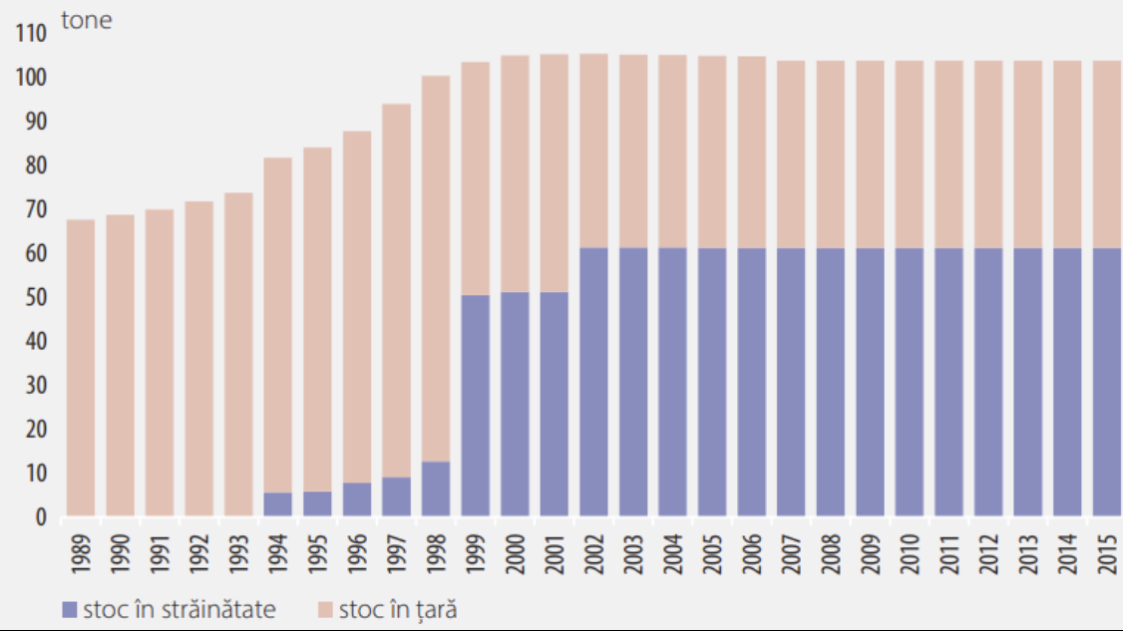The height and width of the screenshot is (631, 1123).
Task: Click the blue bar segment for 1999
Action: [x=476, y=406]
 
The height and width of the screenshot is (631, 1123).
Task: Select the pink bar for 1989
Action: [x=81, y=368]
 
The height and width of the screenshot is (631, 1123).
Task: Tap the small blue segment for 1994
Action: [x=278, y=504]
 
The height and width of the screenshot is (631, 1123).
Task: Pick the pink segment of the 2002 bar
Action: [x=594, y=151]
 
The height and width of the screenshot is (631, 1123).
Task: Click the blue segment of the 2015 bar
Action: [x=1106, y=382]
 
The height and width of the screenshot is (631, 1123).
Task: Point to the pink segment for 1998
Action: [x=436, y=268]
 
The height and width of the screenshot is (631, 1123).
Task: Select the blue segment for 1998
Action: [x=436, y=488]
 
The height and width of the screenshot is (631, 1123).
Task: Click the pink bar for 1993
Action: [x=238, y=354]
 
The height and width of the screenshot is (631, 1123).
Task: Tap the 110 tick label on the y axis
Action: [x=31, y=34]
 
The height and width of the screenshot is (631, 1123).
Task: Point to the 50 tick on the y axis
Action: [x=35, y=298]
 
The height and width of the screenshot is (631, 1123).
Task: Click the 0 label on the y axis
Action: [x=41, y=517]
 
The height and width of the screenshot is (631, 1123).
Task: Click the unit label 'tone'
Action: [x=87, y=21]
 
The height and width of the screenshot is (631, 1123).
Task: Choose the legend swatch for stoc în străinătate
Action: [x=69, y=609]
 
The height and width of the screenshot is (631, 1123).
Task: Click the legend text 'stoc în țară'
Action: [x=398, y=608]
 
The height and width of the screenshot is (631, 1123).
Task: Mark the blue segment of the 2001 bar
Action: [x=555, y=404]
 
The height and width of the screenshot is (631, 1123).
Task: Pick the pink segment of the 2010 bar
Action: [x=910, y=155]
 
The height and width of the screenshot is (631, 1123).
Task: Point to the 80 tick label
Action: [x=35, y=165]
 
